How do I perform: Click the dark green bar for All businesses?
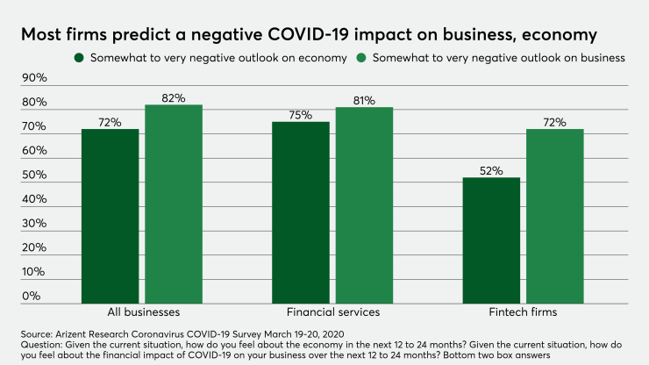click(x=110, y=216)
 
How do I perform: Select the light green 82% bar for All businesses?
click(x=174, y=204)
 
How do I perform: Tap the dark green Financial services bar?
click(x=300, y=212)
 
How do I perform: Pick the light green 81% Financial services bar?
click(x=363, y=205)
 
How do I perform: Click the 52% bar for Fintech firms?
click(x=490, y=240)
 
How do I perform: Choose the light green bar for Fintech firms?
click(x=554, y=216)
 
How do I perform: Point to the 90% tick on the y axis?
click(x=34, y=78)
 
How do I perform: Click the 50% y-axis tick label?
click(x=34, y=175)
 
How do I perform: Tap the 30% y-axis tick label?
click(x=34, y=224)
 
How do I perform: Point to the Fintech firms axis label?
click(x=523, y=312)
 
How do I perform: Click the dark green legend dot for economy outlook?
click(x=80, y=58)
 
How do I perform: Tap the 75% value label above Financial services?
click(x=300, y=114)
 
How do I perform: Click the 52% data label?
click(x=490, y=170)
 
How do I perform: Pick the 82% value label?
click(x=174, y=98)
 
